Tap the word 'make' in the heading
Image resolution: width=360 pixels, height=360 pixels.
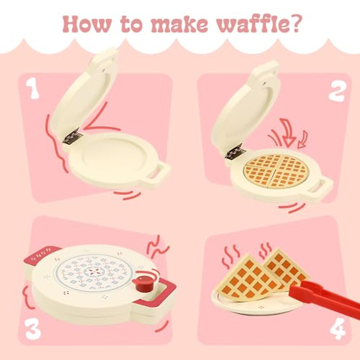(179, 24)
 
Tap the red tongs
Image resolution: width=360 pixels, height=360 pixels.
(324, 297)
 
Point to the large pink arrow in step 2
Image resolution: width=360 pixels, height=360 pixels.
(289, 132)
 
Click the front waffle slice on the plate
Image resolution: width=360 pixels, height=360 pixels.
(246, 279)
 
